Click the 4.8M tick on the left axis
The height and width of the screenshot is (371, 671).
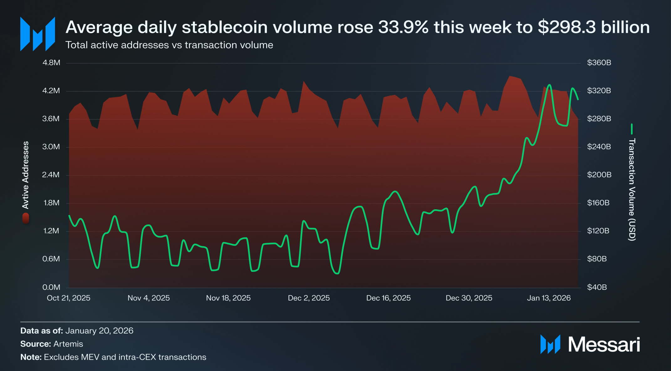[x=51, y=63]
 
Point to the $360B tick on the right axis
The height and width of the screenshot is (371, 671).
[x=599, y=63]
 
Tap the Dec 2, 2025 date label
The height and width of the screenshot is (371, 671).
[x=309, y=298]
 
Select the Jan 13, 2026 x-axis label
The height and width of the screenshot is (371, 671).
[x=549, y=298]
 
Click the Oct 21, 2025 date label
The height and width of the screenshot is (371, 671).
[x=69, y=298]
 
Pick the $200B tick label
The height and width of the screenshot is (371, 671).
[x=599, y=175]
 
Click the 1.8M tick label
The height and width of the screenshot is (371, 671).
[x=51, y=203]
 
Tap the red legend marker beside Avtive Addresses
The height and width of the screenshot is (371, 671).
[x=26, y=218]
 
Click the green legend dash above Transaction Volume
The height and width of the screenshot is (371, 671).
[x=632, y=129]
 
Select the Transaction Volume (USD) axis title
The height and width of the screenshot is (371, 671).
[x=632, y=189]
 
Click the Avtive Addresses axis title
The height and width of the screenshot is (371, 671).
[x=25, y=175]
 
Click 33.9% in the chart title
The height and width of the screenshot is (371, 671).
[x=403, y=28]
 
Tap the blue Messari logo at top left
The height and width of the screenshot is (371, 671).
[x=38, y=34]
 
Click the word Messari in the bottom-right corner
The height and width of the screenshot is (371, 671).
[x=604, y=345]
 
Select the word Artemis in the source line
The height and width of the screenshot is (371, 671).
[x=68, y=344]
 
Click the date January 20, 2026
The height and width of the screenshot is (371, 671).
[x=99, y=331]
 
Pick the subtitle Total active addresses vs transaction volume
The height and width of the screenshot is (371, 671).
[x=169, y=45]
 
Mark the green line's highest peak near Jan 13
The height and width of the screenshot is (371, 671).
[x=549, y=85]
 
